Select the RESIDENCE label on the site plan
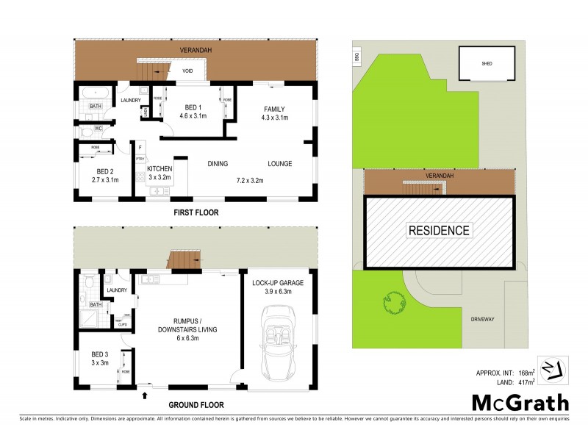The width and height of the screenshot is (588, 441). coord(439,231)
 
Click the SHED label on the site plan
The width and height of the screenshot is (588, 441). coord(487,64)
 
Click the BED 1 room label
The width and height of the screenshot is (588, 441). coord(193,111)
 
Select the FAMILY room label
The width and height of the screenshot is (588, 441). coord(275,110)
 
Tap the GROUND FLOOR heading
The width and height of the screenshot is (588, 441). coord(196,404)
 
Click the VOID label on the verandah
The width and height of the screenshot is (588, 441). coord(187,71)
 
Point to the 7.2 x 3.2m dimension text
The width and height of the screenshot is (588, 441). coord(249,180)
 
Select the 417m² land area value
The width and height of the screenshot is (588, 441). coord(526,382)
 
